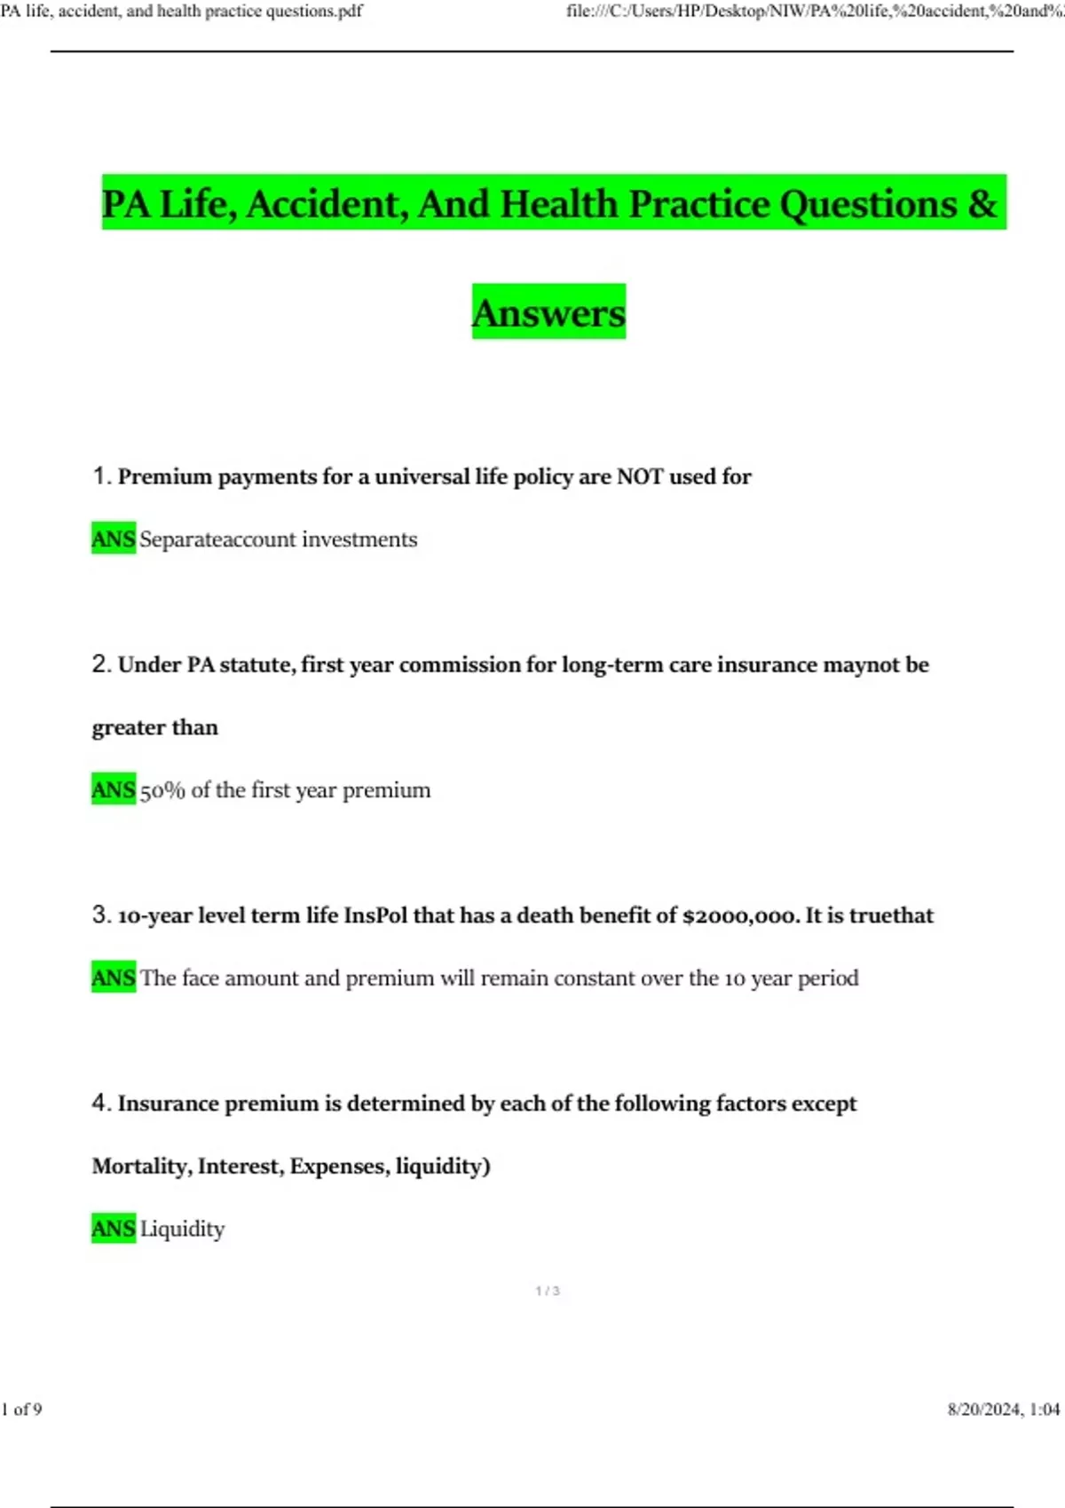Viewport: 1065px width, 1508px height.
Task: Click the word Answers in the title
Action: click(548, 312)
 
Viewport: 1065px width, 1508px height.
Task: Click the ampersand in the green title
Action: click(982, 203)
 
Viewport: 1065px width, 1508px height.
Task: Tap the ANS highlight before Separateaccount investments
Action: click(114, 538)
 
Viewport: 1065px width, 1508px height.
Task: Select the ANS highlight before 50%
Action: click(114, 789)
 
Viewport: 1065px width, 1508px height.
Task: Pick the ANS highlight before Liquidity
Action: click(114, 1229)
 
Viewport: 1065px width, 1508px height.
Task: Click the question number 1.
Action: click(100, 476)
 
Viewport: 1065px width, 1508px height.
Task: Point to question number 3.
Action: click(100, 915)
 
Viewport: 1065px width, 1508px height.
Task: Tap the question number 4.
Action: click(100, 1103)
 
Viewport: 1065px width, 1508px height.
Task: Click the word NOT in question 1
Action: click(639, 476)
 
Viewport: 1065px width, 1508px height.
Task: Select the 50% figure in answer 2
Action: click(162, 790)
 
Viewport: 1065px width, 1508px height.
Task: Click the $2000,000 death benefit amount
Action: click(740, 915)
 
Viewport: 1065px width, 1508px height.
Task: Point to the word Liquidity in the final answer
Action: click(182, 1229)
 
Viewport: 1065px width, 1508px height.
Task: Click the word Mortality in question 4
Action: click(141, 1166)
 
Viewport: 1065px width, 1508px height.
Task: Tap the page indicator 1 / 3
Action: click(548, 1291)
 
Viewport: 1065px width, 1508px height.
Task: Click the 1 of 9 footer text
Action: click(21, 1410)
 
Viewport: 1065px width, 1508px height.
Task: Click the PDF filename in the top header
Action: click(181, 12)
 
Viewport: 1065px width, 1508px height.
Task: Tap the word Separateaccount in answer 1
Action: click(217, 539)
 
